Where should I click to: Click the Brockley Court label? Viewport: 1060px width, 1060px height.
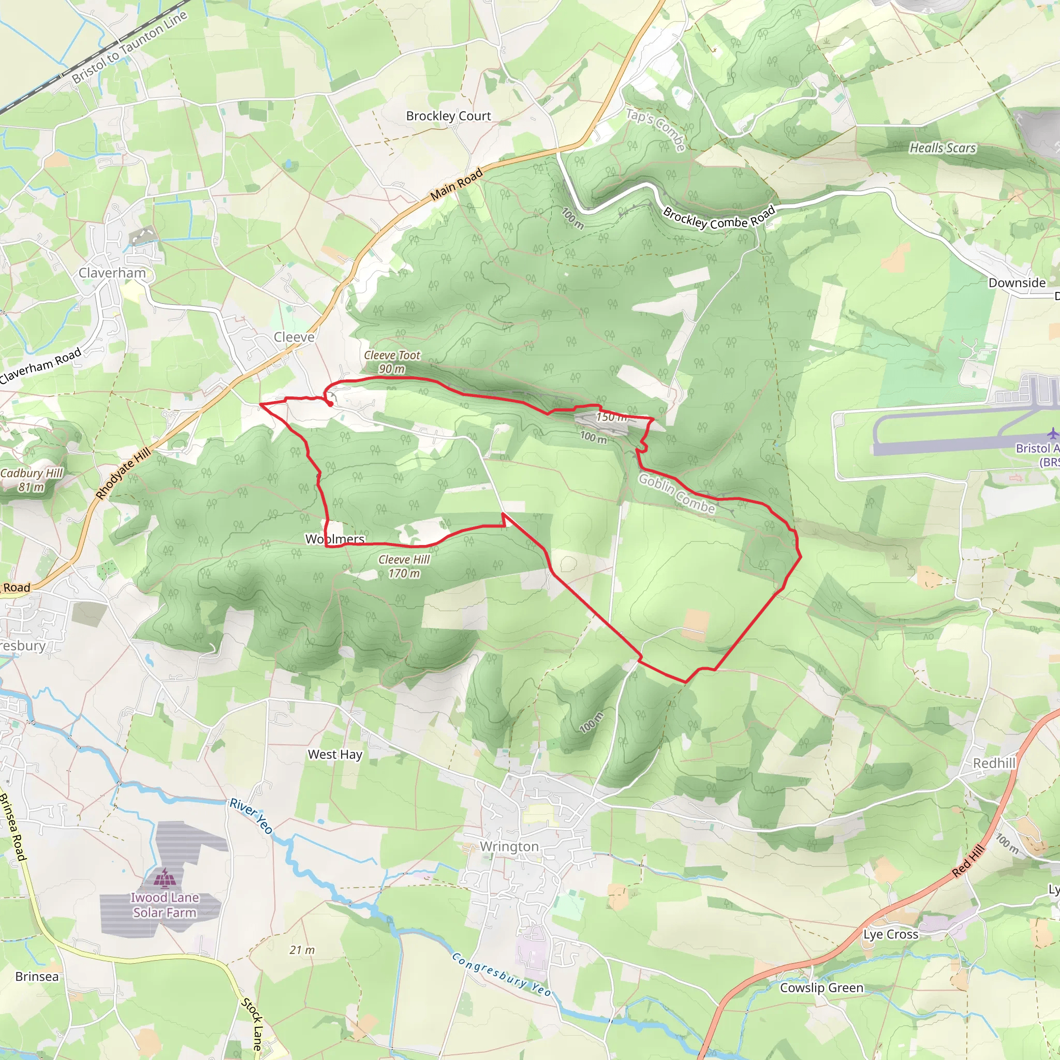(x=448, y=116)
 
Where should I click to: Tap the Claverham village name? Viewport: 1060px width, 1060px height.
(x=112, y=273)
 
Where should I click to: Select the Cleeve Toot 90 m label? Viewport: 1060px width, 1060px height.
(x=392, y=362)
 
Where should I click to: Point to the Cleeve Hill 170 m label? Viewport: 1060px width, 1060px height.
(x=404, y=566)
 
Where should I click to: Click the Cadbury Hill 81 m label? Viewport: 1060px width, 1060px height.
(x=31, y=479)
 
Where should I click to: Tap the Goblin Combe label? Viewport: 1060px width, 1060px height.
(x=676, y=494)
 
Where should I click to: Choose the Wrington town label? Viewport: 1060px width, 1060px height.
(x=509, y=847)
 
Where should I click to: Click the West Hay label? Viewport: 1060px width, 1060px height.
(x=335, y=755)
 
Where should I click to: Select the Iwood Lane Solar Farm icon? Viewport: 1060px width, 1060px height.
(x=164, y=878)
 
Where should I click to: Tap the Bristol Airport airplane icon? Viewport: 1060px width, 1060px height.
(x=1052, y=433)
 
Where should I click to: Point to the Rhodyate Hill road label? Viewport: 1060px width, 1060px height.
(x=124, y=473)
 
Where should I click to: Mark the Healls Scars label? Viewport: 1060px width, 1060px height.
(x=943, y=148)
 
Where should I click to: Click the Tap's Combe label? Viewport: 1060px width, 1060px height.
(x=656, y=129)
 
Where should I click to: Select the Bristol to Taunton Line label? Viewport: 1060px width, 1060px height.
(x=129, y=47)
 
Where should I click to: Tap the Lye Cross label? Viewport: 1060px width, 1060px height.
(x=890, y=934)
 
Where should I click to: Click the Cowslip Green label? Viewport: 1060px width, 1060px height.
(x=821, y=988)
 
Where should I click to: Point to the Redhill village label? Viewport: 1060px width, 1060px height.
(x=994, y=763)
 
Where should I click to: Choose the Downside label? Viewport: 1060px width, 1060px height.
(x=1017, y=283)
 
